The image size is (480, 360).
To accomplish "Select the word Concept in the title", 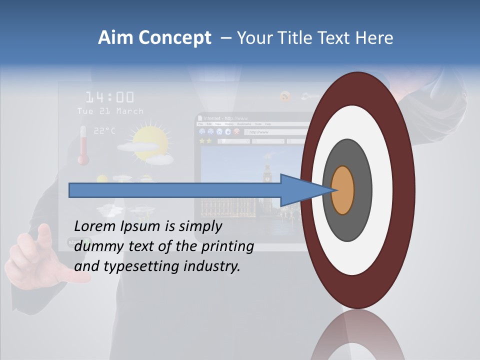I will [175, 38].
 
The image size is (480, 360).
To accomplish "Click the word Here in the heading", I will [374, 38].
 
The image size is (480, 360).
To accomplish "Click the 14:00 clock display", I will [109, 97].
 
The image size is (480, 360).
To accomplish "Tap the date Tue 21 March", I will [110, 111].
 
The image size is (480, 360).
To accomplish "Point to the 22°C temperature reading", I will [104, 130].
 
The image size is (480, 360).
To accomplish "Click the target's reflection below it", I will [357, 337].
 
